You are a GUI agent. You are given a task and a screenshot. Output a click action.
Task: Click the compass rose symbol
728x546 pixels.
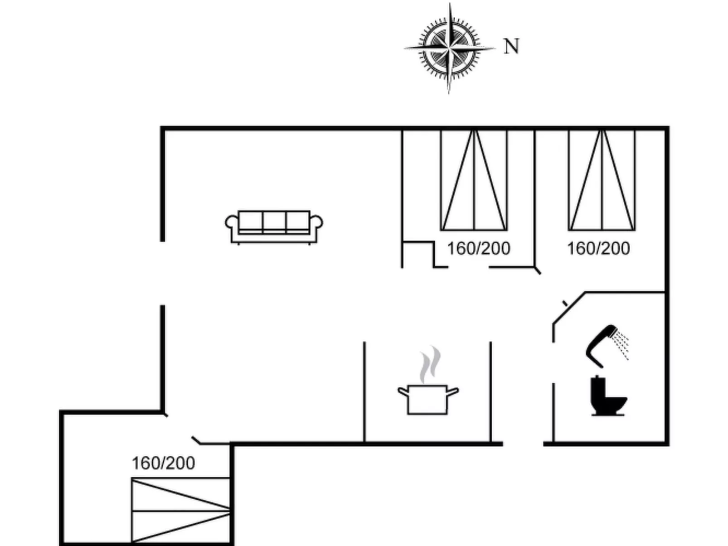[449, 48]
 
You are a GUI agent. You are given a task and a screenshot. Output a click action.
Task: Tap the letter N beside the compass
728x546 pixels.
[511, 46]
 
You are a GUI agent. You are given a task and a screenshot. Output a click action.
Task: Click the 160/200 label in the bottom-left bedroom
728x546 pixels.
[163, 463]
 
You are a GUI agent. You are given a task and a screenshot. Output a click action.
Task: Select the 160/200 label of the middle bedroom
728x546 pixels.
[479, 248]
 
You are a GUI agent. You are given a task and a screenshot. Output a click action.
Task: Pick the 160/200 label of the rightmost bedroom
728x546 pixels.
[598, 248]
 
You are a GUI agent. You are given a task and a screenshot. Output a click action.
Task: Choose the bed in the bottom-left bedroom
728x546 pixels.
[180, 510]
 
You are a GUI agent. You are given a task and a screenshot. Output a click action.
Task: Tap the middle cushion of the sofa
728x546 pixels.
[274, 222]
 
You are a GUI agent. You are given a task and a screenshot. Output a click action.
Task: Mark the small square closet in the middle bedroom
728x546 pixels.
[418, 255]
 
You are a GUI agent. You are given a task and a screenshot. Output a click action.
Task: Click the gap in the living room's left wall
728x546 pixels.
[162, 273]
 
